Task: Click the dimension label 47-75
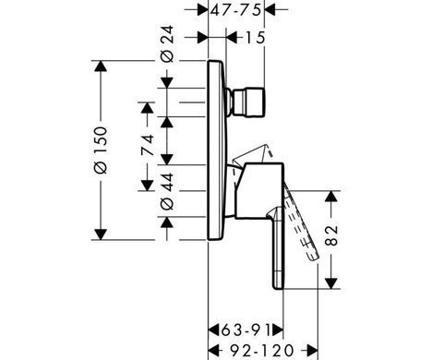pyautogui.click(x=236, y=10)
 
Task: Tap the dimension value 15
pyautogui.click(x=255, y=38)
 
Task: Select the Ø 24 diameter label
pyautogui.click(x=167, y=44)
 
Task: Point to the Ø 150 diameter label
pyautogui.click(x=101, y=150)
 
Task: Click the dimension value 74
pyautogui.click(x=147, y=145)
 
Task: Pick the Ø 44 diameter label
pyautogui.click(x=167, y=191)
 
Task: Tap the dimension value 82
pyautogui.click(x=331, y=235)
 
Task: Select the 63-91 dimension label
pyautogui.click(x=246, y=330)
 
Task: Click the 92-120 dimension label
pyautogui.click(x=261, y=350)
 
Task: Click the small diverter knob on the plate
pyautogui.click(x=246, y=102)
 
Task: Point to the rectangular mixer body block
pyautogui.click(x=258, y=191)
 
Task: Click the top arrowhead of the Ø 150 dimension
pyautogui.click(x=101, y=66)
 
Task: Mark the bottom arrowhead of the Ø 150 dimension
pyautogui.click(x=101, y=234)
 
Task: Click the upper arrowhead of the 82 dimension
pyautogui.click(x=331, y=197)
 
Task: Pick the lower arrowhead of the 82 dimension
pyautogui.click(x=331, y=283)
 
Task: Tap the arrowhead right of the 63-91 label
pyautogui.click(x=277, y=330)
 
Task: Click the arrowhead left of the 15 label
pyautogui.click(x=232, y=38)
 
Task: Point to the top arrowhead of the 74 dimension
pyautogui.click(x=147, y=108)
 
